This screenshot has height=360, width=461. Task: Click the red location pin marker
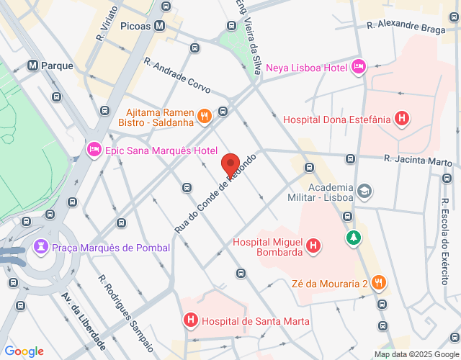coord(230,165)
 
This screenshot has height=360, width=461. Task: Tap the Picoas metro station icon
coord(160,25)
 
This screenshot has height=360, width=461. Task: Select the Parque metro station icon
coord(33,66)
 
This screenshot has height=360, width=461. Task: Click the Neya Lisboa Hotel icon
coord(359,68)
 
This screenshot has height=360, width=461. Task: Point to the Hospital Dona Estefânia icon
coord(403,119)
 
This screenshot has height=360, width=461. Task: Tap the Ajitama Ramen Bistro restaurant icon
coord(205,115)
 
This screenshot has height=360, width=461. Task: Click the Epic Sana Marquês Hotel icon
coord(94,150)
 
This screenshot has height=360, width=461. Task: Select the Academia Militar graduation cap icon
coord(364,191)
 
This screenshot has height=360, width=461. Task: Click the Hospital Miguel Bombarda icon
coord(313,247)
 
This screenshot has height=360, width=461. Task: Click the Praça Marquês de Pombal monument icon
coord(40,248)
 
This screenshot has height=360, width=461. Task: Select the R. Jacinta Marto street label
coord(416,158)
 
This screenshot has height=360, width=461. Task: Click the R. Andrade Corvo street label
coord(176,76)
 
